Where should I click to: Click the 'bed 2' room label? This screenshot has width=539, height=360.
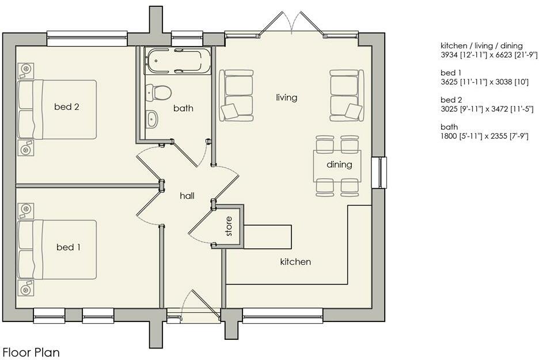coord(66,107)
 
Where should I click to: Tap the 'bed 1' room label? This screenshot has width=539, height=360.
coord(68,247)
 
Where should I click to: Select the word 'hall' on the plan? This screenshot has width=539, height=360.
coord(187,196)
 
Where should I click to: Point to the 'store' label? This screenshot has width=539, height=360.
coord(229,226)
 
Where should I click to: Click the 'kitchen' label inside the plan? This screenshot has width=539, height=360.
coord(295,262)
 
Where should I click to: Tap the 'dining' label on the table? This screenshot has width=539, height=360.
coord(339,165)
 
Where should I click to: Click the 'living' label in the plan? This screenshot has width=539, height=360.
coord(286,97)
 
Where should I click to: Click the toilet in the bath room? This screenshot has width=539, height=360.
coord(159,92)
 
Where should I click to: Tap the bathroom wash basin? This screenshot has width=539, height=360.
coord(152,119)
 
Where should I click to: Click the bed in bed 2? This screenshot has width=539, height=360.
coord(56,109)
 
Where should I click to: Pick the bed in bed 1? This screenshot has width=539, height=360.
coord(56,249)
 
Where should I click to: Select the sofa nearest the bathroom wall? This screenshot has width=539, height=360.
coord(236,95)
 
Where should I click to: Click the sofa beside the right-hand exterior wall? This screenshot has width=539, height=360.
coord(347,94)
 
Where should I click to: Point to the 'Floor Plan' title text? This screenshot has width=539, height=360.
coord(31,352)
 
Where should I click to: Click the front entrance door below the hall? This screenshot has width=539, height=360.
coord(193,308)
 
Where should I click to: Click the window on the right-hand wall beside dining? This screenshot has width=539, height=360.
coord(379,172)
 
